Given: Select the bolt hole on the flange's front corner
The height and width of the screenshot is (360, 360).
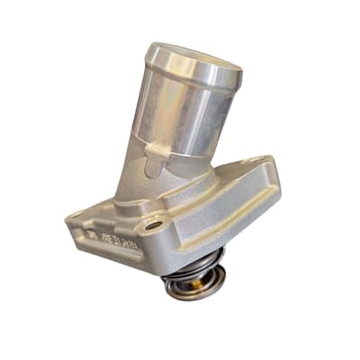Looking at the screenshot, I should point(155,225).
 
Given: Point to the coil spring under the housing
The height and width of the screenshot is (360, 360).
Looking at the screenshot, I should point(189,270).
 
